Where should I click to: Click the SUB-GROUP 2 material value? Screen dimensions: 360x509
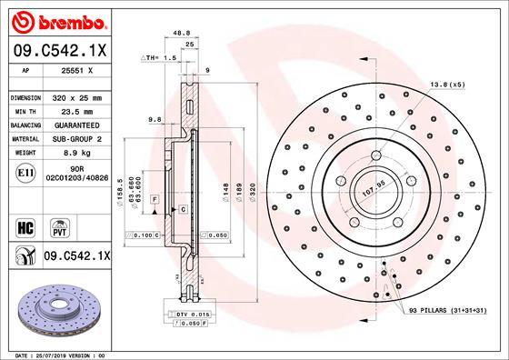[x=76, y=139]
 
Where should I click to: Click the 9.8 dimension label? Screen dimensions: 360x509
[x=154, y=119]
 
